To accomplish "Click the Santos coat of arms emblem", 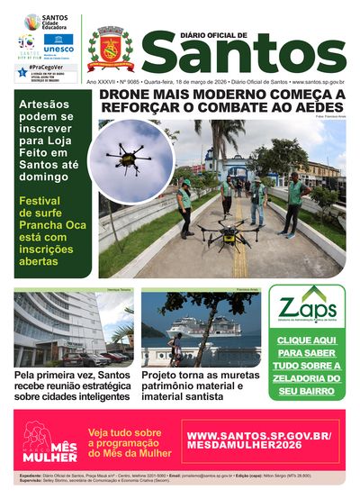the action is click(111, 49).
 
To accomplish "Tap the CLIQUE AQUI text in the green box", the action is click(306, 342).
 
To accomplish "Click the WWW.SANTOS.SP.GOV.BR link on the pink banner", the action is click(259, 435).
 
